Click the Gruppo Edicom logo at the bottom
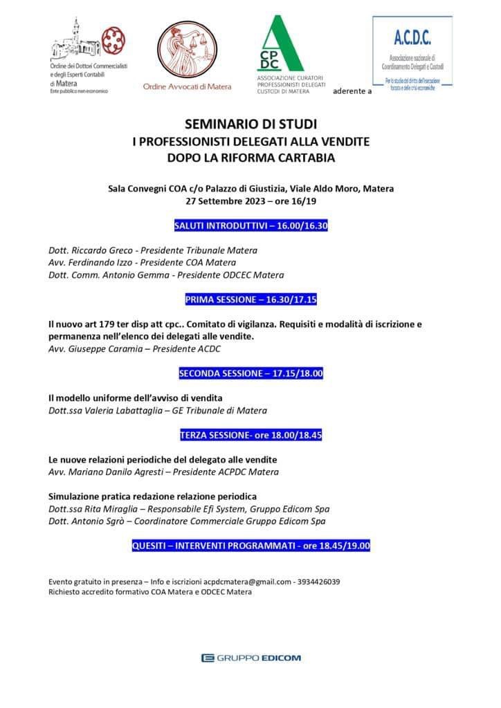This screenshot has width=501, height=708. tap(250, 658)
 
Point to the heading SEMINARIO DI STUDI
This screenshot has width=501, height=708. tap(250, 126)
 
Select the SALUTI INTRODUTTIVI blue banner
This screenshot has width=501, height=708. tap(250, 226)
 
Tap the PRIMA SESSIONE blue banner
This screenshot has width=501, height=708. tap(250, 299)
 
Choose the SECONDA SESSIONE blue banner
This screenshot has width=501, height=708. tap(250, 373)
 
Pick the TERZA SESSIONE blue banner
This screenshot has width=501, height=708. tap(250, 436)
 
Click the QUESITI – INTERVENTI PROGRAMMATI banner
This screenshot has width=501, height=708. tap(250, 546)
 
